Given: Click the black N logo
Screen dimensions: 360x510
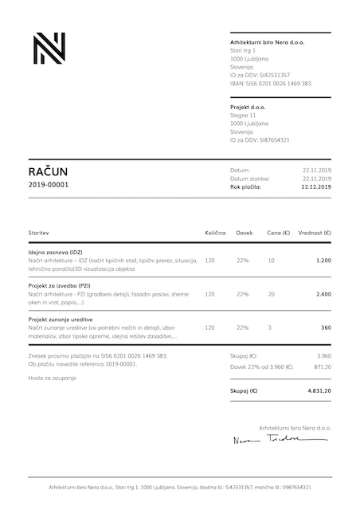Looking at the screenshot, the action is click(x=49, y=49).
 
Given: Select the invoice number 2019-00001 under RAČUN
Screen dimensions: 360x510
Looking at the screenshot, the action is click(x=49, y=185).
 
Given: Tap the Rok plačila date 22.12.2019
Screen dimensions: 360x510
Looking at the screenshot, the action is click(x=316, y=186).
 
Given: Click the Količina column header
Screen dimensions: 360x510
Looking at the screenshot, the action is click(x=216, y=233).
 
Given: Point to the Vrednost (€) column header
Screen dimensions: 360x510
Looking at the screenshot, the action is click(x=315, y=233).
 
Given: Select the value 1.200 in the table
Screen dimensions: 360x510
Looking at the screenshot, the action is click(x=323, y=261).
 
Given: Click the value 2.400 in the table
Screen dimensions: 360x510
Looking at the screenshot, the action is click(x=323, y=294).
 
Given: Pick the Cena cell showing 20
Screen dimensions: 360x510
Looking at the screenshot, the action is click(x=272, y=294).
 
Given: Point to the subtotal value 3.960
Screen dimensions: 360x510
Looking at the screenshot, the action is click(x=323, y=355).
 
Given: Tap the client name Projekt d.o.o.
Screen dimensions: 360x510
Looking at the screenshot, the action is click(x=248, y=106).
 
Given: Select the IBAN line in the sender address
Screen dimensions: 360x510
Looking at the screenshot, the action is click(x=270, y=83).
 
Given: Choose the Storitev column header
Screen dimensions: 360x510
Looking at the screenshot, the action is click(x=39, y=233).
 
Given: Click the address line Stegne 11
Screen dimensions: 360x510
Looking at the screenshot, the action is click(x=243, y=115).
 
